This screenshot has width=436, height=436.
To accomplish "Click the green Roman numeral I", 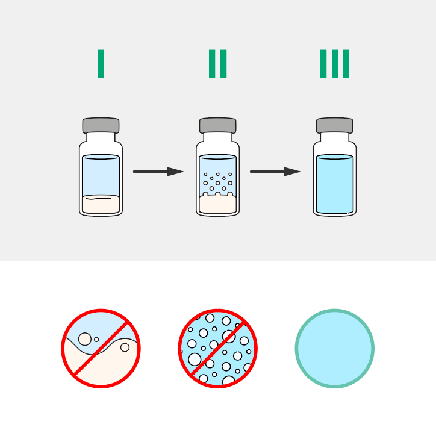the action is pyautogui.click(x=101, y=64).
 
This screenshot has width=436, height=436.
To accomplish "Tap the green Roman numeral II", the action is pyautogui.click(x=218, y=64).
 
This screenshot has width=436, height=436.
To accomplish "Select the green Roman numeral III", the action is pyautogui.click(x=334, y=64).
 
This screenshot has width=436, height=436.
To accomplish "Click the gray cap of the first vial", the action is pyautogui.click(x=101, y=125).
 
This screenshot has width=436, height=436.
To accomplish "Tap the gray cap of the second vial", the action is pyautogui.click(x=218, y=125).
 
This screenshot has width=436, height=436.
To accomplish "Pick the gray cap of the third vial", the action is pyautogui.click(x=334, y=125).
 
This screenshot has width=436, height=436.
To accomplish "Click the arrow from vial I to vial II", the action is pyautogui.click(x=158, y=172).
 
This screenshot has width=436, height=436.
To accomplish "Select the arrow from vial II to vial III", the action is pyautogui.click(x=275, y=172).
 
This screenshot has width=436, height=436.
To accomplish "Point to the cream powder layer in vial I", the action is pyautogui.click(x=101, y=204).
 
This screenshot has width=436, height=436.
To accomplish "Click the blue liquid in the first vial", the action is pyautogui.click(x=101, y=175).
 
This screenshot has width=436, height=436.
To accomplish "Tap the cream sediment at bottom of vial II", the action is pyautogui.click(x=218, y=204).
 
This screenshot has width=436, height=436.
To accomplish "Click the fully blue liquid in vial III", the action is pyautogui.click(x=334, y=184).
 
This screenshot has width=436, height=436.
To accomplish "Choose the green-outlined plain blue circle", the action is pyautogui.click(x=334, y=349).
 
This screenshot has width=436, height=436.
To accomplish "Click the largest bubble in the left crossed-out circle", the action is pyautogui.click(x=85, y=339).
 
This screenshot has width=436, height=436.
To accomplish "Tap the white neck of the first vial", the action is pyautogui.click(x=101, y=137).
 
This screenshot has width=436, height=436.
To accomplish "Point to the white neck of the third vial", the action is pyautogui.click(x=334, y=137).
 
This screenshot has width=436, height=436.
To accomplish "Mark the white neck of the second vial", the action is pyautogui.click(x=218, y=137).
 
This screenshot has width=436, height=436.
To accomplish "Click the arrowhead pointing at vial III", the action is pyautogui.click(x=292, y=172).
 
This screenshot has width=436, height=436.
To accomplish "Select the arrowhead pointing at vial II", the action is pyautogui.click(x=175, y=172).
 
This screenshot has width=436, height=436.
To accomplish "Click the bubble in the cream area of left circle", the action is pyautogui.click(x=125, y=347).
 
